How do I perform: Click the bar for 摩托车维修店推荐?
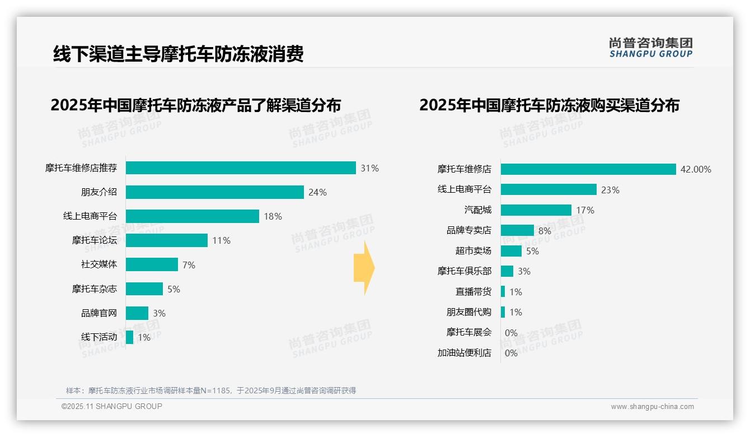point(241,168)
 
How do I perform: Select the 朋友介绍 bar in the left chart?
point(214,192)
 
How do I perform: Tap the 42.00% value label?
point(696,169)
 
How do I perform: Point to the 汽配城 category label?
point(477,210)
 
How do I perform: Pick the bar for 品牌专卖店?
point(517,230)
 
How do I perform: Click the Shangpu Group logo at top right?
point(650,48)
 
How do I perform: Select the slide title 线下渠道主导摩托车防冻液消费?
point(178,54)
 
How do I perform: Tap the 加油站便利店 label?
point(464,353)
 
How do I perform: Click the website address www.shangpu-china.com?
point(652,407)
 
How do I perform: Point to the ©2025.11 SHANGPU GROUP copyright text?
point(112,406)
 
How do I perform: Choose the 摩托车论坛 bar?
point(166,240)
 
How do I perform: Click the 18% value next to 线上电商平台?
point(273,217)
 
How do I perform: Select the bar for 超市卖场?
point(511,251)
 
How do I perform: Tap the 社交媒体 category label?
point(99,264)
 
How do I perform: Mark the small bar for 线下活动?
point(129,337)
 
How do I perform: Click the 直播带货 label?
point(473,292)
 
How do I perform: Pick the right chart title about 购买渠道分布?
point(549,105)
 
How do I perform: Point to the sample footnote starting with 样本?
point(211,390)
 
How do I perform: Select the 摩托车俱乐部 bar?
point(507,271)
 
